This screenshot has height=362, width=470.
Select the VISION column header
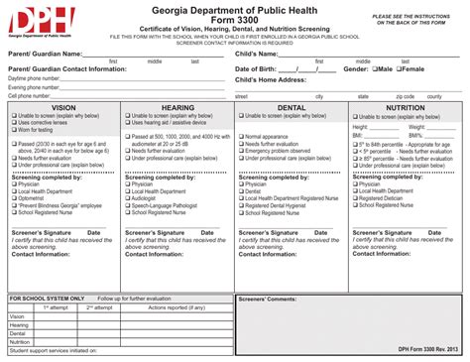(63, 106)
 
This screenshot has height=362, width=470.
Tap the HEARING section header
(176, 106)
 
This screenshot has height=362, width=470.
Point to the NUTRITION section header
(405, 106)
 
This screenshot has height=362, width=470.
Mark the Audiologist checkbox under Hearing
(127, 197)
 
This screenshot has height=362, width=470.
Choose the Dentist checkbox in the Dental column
(240, 190)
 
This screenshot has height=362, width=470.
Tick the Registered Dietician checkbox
(355, 197)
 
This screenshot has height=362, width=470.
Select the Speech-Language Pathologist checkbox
(127, 204)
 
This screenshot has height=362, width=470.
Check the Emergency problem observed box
(240, 150)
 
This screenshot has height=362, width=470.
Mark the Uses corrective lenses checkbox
(14, 122)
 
